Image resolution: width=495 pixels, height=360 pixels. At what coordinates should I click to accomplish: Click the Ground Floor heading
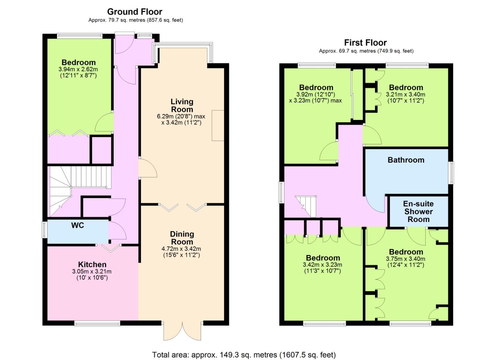point(135,11)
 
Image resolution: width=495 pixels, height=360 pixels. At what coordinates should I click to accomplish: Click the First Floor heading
point(366,42)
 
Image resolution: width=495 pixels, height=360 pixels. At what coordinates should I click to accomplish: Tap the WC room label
point(78,225)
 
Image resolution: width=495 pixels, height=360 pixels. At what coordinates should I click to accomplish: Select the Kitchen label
point(92,264)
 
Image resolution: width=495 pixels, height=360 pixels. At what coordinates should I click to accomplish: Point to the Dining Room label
point(182,238)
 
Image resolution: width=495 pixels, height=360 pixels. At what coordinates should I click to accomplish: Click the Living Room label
point(182,105)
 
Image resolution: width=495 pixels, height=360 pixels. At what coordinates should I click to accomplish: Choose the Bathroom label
point(406,160)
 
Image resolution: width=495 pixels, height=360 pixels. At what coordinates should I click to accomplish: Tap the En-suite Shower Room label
point(418,211)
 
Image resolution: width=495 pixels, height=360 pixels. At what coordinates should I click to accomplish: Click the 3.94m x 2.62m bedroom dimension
point(78,69)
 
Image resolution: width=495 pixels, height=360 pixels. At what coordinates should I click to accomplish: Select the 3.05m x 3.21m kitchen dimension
point(92,271)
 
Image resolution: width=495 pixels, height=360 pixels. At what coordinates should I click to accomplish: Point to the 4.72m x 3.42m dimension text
point(181,249)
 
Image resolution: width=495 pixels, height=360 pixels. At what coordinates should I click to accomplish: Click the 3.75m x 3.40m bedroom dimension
point(406,259)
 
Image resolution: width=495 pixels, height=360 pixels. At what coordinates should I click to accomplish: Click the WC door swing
point(117,230)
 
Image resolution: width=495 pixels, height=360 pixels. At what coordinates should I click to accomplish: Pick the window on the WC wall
point(44,230)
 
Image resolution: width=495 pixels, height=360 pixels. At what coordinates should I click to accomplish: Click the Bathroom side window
point(451,173)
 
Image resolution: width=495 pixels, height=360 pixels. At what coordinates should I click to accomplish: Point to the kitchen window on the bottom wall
point(97,324)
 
